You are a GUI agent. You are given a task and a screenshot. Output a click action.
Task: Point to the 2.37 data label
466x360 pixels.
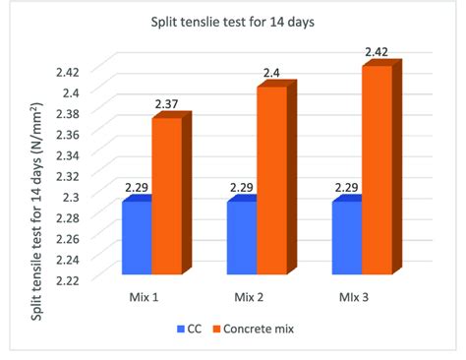tap(165, 105)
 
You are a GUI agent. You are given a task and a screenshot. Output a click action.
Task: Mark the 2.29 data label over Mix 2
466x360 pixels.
tap(242, 188)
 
